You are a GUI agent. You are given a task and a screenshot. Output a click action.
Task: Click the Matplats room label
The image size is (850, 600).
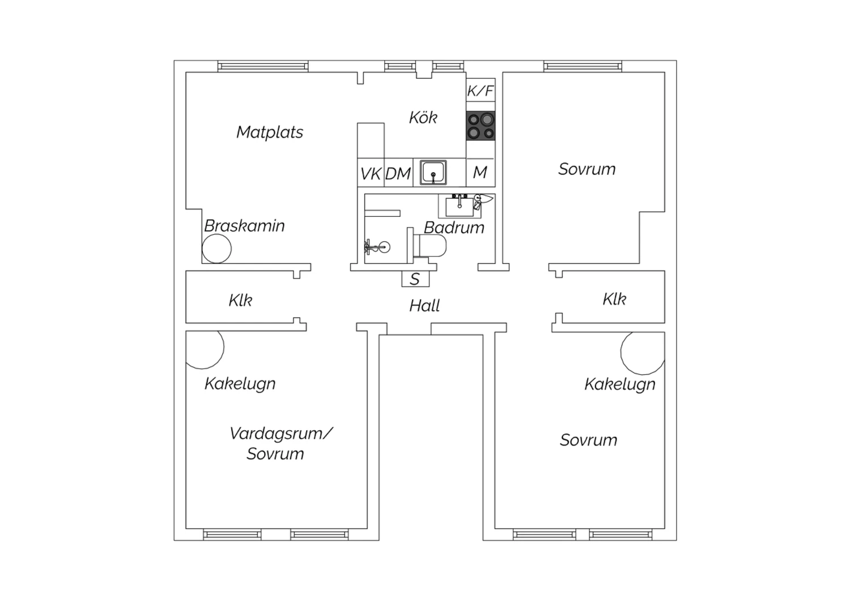point(270,132)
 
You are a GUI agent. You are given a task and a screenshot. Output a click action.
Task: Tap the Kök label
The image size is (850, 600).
point(423,118)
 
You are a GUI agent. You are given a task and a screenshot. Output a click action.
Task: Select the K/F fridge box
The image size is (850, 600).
point(481,90)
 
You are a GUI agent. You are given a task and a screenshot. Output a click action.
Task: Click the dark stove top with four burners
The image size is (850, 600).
point(481,126)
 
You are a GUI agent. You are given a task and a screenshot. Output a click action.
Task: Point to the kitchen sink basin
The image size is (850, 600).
point(433,173)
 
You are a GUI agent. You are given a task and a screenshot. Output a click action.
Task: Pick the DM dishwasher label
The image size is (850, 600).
point(398,174)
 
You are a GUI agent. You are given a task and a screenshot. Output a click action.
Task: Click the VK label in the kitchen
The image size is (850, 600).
point(371,174)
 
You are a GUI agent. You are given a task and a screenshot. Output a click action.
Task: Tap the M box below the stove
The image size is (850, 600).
point(481,173)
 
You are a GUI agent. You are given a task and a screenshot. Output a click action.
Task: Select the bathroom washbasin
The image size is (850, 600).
point(460,207)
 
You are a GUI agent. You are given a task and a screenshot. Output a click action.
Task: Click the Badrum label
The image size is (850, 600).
point(454,228)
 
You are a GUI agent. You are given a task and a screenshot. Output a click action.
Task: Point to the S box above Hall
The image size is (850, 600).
point(415,279)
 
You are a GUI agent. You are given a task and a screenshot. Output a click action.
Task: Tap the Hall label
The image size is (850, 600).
point(424,306)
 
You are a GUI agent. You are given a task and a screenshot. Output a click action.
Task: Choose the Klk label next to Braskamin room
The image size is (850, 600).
point(240,300)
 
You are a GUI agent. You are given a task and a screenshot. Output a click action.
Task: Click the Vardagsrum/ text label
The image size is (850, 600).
point(281,434)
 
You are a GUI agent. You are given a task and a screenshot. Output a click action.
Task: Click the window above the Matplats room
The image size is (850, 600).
point(263,67)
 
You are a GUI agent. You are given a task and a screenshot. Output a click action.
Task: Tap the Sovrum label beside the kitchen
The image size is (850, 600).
point(586,169)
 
